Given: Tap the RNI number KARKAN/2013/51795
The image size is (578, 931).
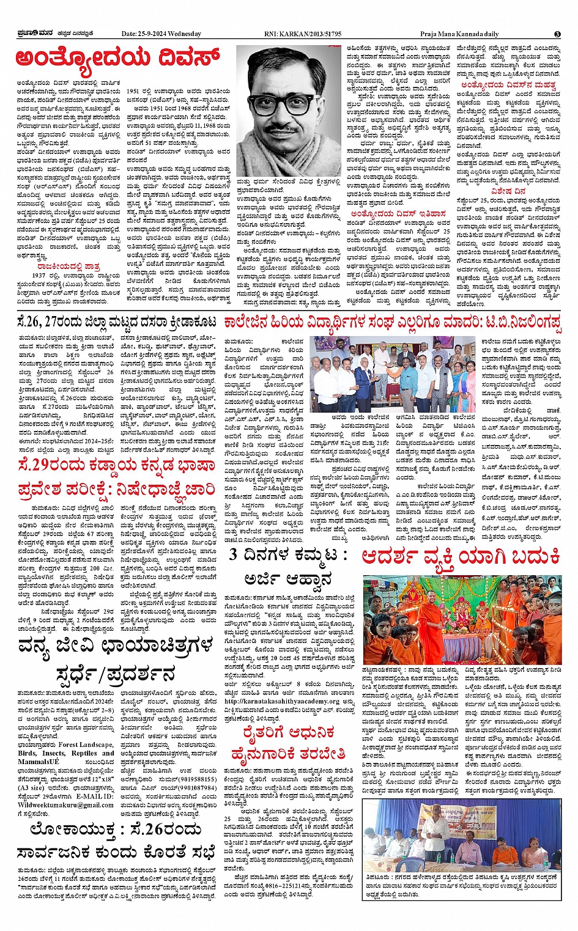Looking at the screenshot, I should (x=312, y=34).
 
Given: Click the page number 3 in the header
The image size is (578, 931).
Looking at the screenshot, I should (x=557, y=34).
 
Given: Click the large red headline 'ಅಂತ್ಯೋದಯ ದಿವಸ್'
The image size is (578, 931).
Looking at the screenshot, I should (x=117, y=59).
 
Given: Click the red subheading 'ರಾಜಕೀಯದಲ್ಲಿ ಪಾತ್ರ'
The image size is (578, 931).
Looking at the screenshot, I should (x=68, y=267).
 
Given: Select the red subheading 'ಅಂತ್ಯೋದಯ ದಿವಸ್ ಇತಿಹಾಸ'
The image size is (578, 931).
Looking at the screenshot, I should (x=398, y=213).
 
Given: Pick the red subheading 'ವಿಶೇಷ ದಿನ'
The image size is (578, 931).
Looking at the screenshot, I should (x=508, y=191).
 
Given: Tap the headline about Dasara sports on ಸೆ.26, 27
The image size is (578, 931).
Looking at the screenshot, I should (x=116, y=322).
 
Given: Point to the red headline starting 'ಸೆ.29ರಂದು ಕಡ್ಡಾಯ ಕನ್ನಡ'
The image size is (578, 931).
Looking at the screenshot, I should (x=116, y=465).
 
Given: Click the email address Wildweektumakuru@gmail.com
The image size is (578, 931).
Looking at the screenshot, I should (x=65, y=805).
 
